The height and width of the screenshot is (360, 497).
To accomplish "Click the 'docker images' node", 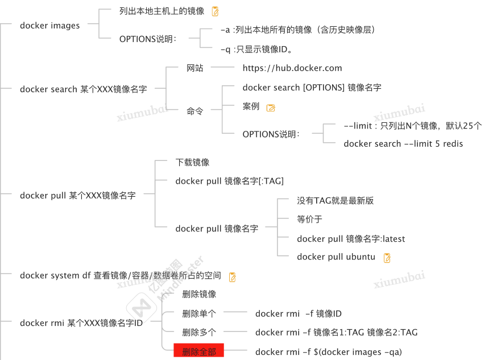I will coord(49,26).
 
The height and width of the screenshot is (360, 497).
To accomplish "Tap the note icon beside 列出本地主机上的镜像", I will coord(215,11).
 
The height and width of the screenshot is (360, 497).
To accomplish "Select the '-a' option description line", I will coord(297,30).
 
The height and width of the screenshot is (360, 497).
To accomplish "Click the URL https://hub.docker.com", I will coord(292,68).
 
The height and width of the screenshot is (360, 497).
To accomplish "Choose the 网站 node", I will coord(195,68).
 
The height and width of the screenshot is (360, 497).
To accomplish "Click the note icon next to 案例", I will coord(271,107).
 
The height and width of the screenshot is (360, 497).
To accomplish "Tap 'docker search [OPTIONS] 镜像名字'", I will coord(312,88).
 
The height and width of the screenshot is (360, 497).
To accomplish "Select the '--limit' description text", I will coord(412,126).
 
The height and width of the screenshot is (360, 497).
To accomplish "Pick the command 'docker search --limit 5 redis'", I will coord(403,144).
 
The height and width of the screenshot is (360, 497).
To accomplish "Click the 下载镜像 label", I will coord(192,162).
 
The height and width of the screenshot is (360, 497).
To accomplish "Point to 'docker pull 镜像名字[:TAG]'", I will coord(229,181).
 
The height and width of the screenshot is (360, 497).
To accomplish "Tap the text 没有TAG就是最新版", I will coord(335,200).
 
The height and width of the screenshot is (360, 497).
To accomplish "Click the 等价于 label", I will coord(309,219).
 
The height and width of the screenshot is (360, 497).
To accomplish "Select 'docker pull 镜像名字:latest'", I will coord(351,239).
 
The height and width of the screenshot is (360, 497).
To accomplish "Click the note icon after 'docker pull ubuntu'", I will coord(387,258).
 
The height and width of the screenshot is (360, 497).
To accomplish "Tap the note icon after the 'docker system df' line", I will coord(232,277).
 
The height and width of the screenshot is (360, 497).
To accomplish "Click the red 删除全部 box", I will coord(198,351).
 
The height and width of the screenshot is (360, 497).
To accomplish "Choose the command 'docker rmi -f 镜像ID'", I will coord(298,313).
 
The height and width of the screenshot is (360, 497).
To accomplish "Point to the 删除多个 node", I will coord(199,332).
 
